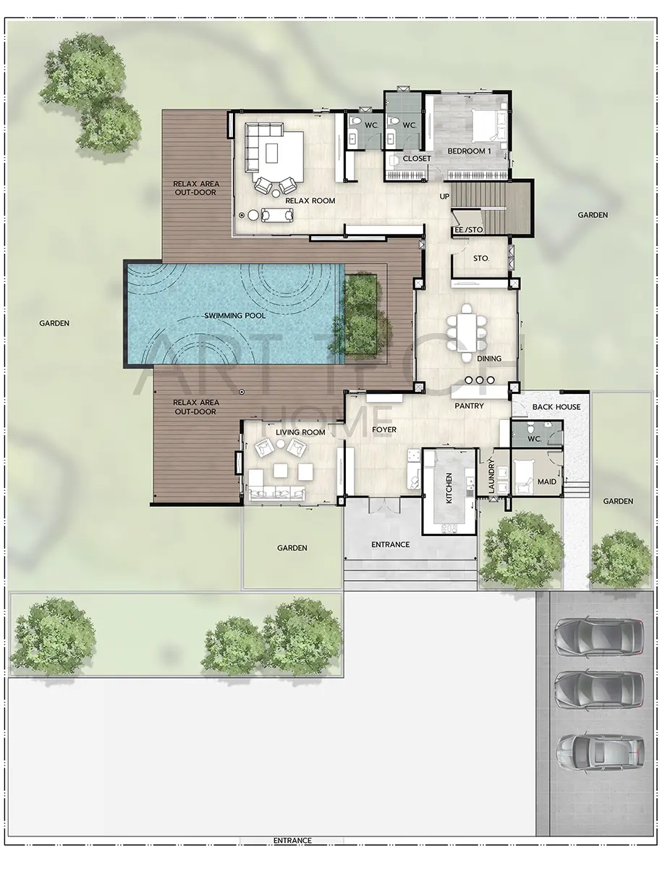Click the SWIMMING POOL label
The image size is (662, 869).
coord(235,316)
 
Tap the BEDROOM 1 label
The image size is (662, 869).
coord(470,151)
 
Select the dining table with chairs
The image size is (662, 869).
coord(467,332)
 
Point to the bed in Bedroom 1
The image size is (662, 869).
coord(489,122)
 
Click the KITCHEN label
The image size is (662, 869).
coord(449,488)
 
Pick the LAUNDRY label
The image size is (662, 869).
coord(491,476)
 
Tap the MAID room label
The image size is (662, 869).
coord(546,482)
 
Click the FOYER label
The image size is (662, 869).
coord(384,429)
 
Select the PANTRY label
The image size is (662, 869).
coord(469,406)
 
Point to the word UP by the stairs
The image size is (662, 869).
coord(444,196)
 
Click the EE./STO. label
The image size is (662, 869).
coord(469,230)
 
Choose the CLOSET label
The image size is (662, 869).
coord(417,159)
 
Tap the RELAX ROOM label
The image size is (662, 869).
coord(310,201)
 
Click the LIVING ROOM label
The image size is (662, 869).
coord(300,432)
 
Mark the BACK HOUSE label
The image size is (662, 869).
coord(556,406)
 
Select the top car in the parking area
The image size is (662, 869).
coord(599,637)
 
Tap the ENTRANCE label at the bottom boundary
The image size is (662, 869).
coord(292,851)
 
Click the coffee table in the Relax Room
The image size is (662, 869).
coord(272,153)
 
